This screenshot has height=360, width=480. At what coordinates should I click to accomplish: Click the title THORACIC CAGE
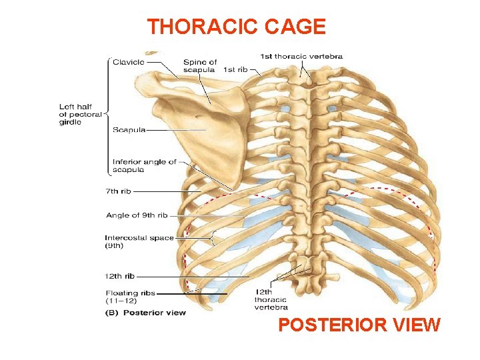[x=236, y=27]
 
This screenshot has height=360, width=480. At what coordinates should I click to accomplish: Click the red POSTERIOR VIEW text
[x=359, y=325]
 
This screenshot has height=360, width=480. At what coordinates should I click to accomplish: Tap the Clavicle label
[x=127, y=61]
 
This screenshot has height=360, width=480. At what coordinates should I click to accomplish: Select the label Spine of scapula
[x=200, y=66]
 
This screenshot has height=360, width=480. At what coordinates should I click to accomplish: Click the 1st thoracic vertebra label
[x=301, y=57]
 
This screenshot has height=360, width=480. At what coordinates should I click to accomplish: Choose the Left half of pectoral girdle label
[x=80, y=114]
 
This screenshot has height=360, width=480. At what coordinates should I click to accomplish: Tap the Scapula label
[x=128, y=130]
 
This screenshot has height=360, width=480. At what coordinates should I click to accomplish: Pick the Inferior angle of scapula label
[x=144, y=165]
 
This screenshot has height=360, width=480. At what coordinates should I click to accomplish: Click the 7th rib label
[x=119, y=191]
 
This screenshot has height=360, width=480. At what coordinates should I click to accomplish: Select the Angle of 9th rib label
[x=137, y=215]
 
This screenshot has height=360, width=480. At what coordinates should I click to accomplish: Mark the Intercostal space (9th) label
[x=139, y=241]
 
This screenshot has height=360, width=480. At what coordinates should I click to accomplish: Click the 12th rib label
[x=120, y=276]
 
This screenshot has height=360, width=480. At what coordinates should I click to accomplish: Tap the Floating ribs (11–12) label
[x=130, y=297]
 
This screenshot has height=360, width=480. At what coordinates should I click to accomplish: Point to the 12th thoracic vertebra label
[x=271, y=299]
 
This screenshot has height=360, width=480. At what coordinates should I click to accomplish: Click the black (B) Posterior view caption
[x=146, y=313]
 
